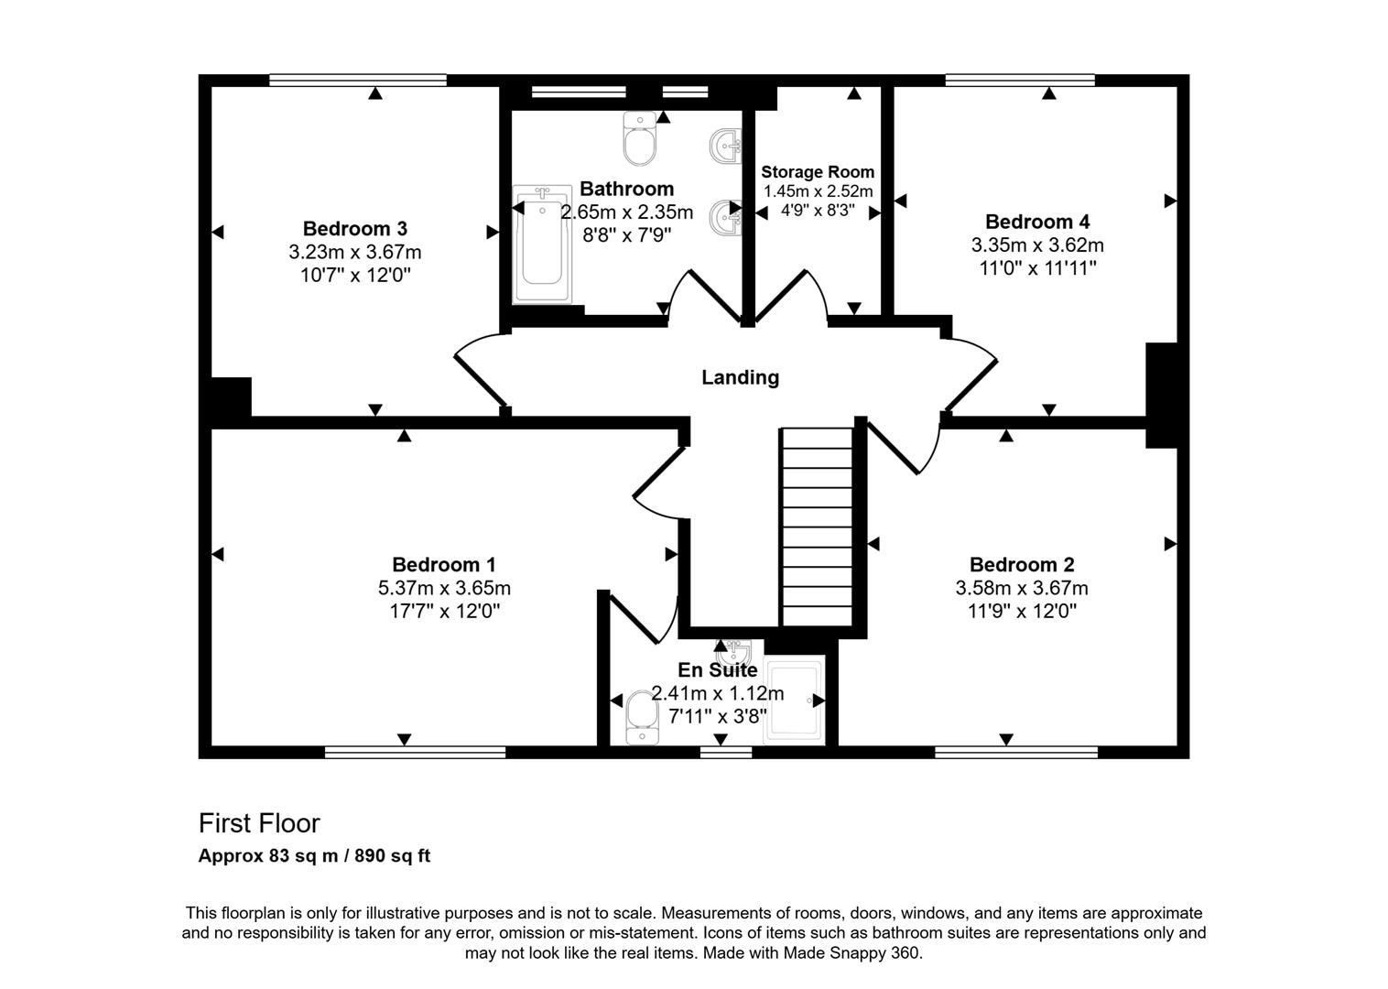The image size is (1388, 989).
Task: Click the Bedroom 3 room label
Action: click(x=354, y=228)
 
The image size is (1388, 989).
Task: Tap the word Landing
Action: click(x=740, y=377)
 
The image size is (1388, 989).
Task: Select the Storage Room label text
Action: click(x=818, y=172)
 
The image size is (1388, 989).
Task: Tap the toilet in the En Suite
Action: click(x=641, y=715)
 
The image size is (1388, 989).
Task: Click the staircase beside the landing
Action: click(x=817, y=527)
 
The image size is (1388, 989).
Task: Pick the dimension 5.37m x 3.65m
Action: click(x=444, y=588)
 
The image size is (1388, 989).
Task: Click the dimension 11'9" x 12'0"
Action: click(x=1022, y=611)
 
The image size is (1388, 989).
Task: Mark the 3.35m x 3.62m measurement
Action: click(x=1037, y=245)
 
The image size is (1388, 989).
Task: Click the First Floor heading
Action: click(x=259, y=823)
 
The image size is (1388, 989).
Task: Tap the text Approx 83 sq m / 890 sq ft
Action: click(x=314, y=856)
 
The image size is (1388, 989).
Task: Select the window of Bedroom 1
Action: click(x=415, y=752)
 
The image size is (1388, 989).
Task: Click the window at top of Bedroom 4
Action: click(x=1020, y=81)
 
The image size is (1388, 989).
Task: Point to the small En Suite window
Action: click(x=725, y=752)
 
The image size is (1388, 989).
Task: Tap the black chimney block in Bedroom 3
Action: click(x=230, y=397)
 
